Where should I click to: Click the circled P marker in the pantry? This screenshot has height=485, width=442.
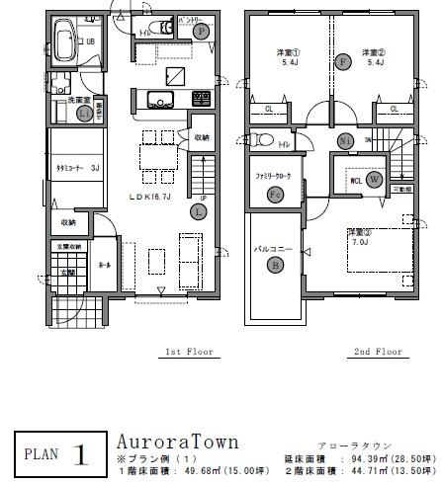(201, 32)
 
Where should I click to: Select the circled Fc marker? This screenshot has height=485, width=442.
(275, 196)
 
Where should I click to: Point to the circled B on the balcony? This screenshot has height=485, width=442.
(276, 264)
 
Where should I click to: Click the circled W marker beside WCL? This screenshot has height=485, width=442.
(374, 180)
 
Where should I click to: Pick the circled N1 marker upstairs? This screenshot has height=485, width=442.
(346, 140)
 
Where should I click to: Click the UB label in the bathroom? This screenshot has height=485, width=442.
(90, 41)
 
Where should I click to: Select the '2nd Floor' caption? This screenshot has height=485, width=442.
(376, 351)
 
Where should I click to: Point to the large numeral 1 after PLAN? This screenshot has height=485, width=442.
(81, 456)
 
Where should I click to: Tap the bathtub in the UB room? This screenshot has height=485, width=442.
(65, 45)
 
